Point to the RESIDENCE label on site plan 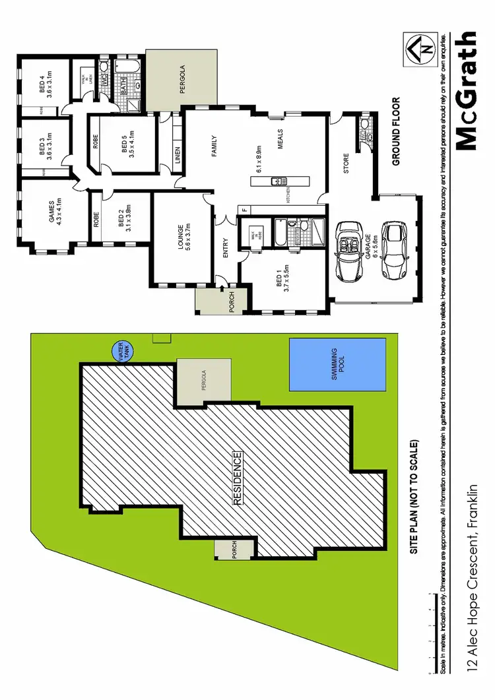[238, 478]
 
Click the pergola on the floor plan [181, 82]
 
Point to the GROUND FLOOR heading [397, 131]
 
